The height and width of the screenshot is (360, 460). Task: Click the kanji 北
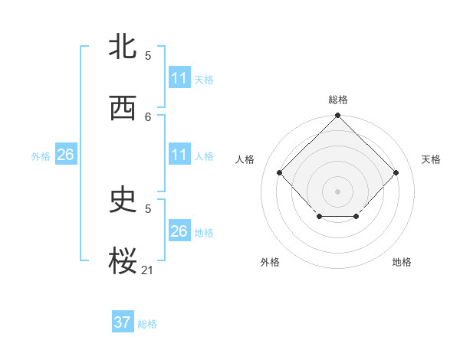click(x=123, y=47)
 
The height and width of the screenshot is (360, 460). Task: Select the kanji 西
click(x=123, y=108)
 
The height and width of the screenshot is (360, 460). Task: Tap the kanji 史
click(x=123, y=200)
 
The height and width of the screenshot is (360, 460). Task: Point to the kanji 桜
click(x=123, y=261)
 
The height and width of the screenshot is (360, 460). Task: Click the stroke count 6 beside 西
click(x=148, y=116)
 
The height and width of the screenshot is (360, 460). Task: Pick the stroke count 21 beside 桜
click(x=148, y=270)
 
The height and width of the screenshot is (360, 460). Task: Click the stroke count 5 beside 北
click(x=148, y=55)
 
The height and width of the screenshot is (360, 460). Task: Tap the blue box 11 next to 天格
click(x=179, y=78)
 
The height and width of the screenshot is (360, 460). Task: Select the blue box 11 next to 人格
click(x=179, y=155)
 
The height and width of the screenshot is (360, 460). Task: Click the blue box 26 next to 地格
click(x=179, y=231)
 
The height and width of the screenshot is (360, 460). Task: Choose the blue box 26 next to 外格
click(x=65, y=155)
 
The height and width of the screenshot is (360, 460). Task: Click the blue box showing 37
click(x=123, y=322)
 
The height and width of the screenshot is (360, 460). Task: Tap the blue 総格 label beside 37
click(x=147, y=324)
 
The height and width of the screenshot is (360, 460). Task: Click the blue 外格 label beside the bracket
click(x=41, y=156)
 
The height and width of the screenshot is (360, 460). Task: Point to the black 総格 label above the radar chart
click(x=338, y=100)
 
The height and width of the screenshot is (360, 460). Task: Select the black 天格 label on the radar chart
click(x=431, y=159)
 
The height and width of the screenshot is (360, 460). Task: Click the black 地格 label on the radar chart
click(x=402, y=262)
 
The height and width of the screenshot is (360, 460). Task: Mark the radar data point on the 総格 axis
click(x=337, y=116)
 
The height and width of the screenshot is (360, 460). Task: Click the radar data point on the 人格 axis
click(x=280, y=172)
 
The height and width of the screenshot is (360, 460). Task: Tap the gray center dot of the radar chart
click(x=337, y=191)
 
